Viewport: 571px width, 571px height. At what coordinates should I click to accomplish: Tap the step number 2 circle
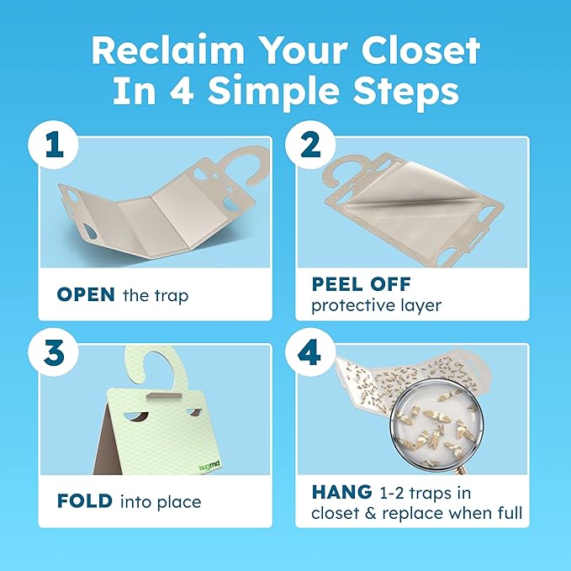pyautogui.click(x=308, y=145)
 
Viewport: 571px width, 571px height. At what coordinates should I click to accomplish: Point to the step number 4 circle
pyautogui.click(x=308, y=353)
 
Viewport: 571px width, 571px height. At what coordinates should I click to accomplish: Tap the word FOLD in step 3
pyautogui.click(x=84, y=502)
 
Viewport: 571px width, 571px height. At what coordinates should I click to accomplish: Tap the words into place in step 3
pyautogui.click(x=161, y=502)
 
